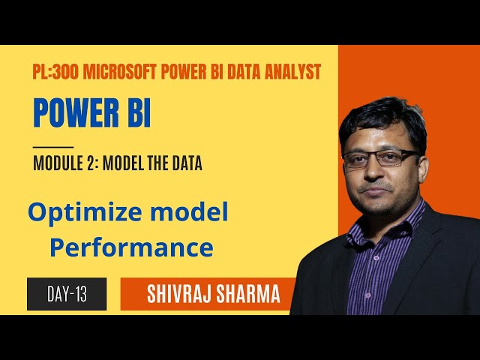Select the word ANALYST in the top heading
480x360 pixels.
(x=291, y=72)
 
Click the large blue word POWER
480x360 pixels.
(x=75, y=112)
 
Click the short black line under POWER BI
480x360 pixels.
(x=53, y=146)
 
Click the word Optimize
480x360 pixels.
(x=79, y=214)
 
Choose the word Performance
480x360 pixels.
(x=131, y=247)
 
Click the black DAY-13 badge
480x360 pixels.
(x=67, y=294)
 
